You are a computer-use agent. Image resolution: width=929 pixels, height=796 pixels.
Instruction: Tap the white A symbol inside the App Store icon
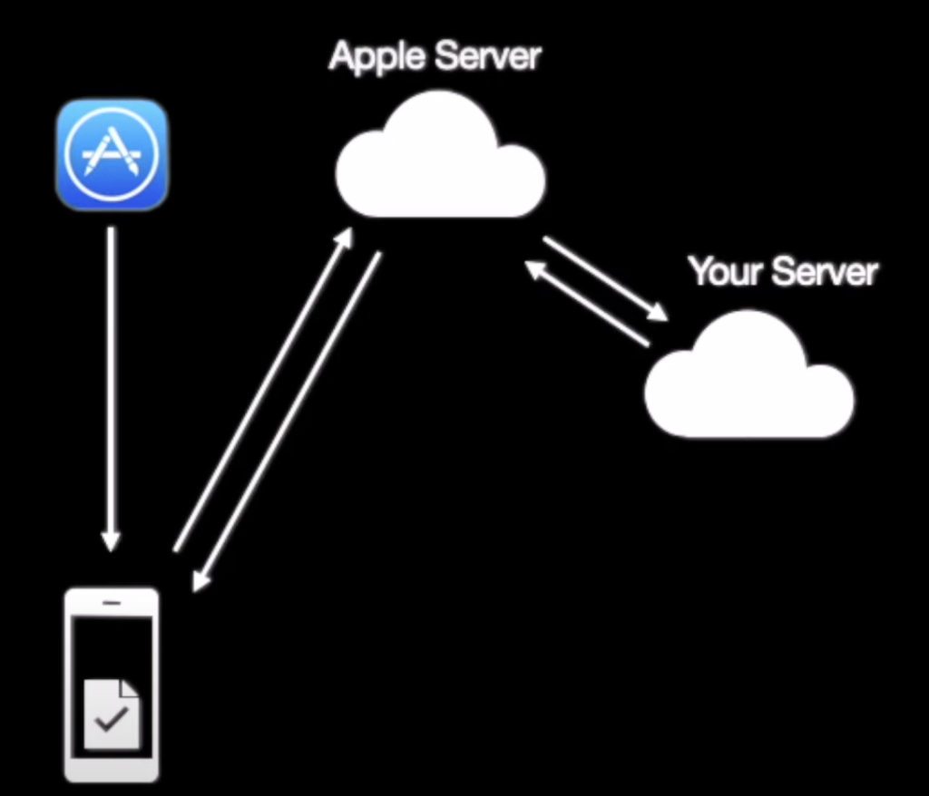point(112,152)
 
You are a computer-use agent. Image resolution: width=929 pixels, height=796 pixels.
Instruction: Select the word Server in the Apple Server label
point(488,56)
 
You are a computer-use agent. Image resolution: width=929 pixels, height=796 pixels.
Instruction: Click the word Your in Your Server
point(722,271)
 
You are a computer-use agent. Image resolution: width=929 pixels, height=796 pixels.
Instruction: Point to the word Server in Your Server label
point(826,271)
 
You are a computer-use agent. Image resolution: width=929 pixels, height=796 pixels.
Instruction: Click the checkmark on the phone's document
point(112,721)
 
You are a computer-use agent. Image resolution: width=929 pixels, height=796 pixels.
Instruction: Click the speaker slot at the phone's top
point(112,602)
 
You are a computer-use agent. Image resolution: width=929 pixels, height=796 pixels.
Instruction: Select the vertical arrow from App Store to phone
point(111,381)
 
